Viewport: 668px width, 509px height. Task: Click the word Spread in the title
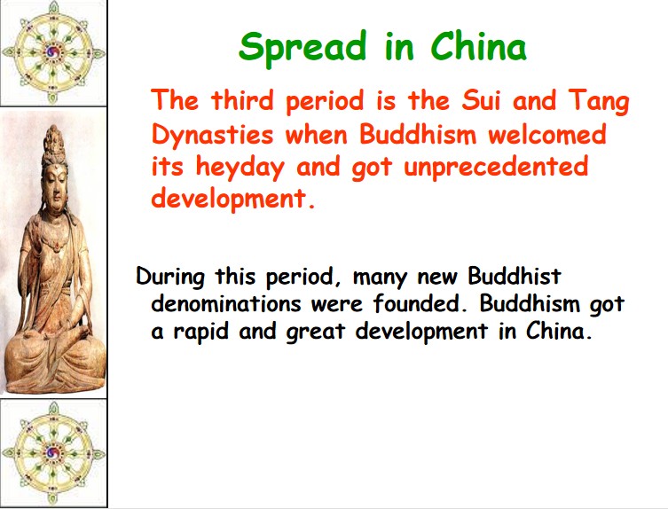coord(303,47)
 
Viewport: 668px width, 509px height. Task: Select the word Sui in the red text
coord(480,100)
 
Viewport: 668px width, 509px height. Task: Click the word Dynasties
coord(212,136)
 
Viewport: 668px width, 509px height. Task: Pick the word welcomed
coord(547,134)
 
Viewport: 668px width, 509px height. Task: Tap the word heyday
coord(240,168)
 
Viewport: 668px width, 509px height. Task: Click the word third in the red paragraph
coord(242,100)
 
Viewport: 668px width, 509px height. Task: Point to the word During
coord(170,278)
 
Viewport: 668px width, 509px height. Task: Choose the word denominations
coord(226,303)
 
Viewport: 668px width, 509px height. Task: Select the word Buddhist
coord(515,276)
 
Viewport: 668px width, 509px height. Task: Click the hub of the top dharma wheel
coord(53,53)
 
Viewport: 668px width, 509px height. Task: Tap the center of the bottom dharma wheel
coord(53,452)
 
